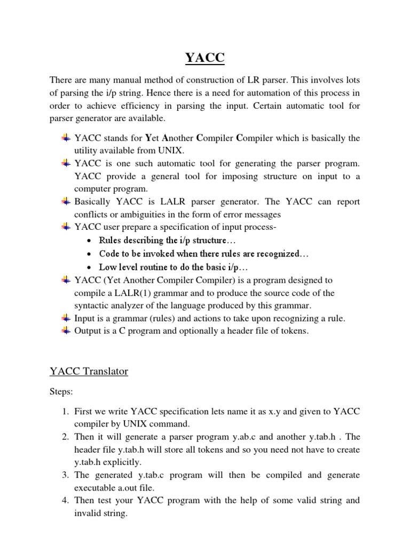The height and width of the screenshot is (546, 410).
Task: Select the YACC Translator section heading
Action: point(89,371)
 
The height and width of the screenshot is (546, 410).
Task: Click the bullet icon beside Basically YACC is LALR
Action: point(66,202)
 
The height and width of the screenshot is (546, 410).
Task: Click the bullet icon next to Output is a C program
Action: point(66,331)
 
